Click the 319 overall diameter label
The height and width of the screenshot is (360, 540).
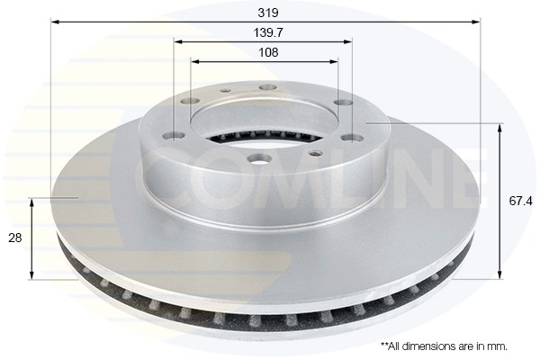(268, 13)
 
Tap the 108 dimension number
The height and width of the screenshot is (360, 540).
(268, 52)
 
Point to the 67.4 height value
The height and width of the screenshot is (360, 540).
(520, 201)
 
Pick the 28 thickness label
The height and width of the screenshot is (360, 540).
(14, 238)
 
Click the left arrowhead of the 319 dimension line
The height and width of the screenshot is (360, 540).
(55, 22)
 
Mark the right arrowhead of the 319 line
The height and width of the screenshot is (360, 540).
(475, 22)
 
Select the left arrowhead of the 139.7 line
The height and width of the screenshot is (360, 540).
(178, 41)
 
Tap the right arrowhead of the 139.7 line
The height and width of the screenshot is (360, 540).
(347, 41)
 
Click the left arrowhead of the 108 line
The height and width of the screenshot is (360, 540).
(195, 62)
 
